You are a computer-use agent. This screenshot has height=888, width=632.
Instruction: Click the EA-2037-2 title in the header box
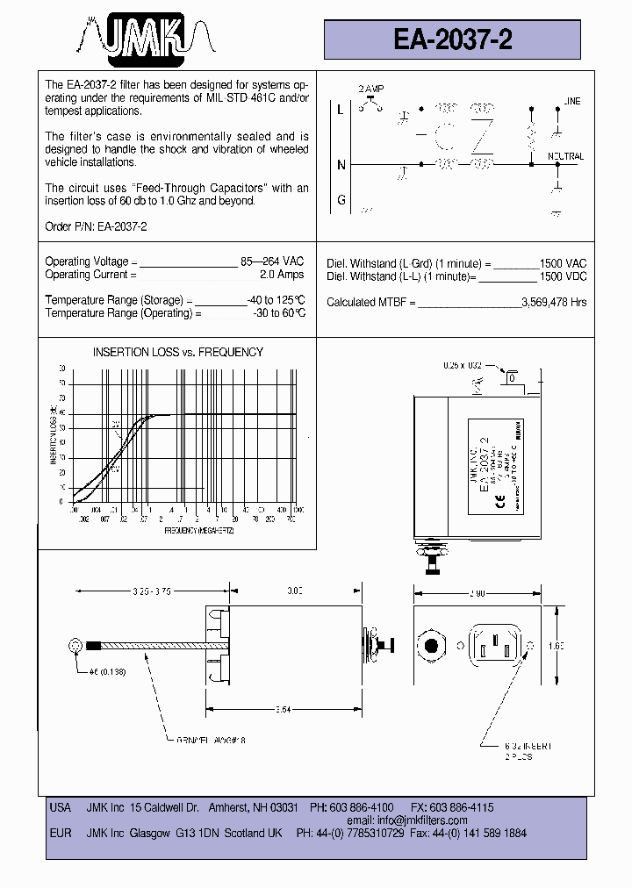tap(453, 39)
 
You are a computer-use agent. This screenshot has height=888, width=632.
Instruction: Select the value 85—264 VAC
tap(272, 261)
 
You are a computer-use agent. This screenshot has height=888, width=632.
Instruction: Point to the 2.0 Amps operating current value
tap(282, 275)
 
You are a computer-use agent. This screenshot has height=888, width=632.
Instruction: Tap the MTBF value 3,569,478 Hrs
tap(554, 302)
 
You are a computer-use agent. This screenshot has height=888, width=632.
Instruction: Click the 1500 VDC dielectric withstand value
tap(563, 276)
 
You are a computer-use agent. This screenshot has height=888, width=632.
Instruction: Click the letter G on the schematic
tap(341, 200)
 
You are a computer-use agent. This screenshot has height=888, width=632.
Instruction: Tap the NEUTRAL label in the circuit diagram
tap(565, 156)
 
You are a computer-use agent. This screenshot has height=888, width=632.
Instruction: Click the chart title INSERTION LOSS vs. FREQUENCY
tap(178, 352)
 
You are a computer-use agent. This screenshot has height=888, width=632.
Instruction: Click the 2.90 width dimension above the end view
tap(478, 594)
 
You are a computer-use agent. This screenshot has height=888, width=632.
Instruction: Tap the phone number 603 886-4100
tap(363, 807)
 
